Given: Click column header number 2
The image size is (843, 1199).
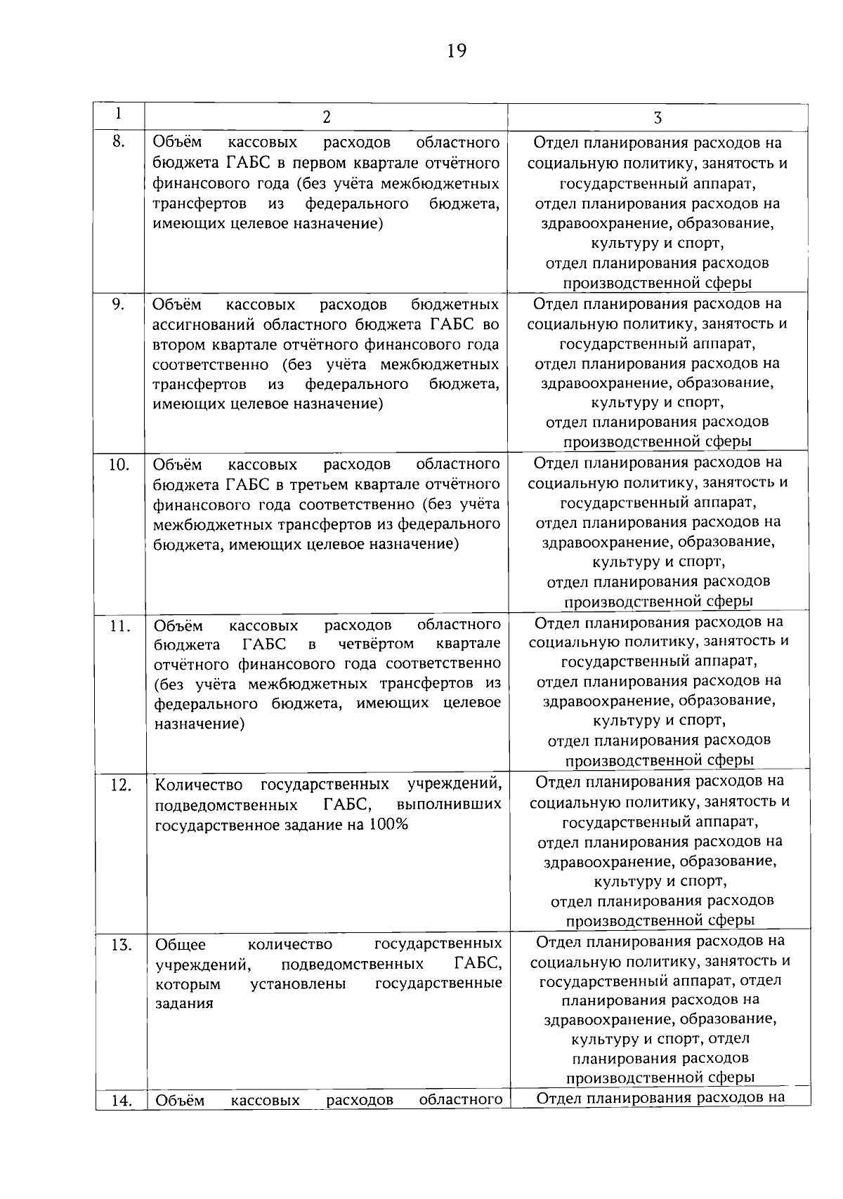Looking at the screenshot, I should pyautogui.click(x=326, y=117).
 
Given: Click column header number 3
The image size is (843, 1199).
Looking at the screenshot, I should pyautogui.click(x=658, y=117).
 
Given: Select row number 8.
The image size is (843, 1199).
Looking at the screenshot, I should pyautogui.click(x=119, y=142).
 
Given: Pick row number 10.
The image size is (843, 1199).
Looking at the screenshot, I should pyautogui.click(x=119, y=465).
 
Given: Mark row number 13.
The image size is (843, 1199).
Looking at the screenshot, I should pyautogui.click(x=121, y=946).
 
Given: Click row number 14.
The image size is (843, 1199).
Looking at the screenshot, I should pyautogui.click(x=122, y=1101).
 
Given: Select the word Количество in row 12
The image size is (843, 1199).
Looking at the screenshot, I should pyautogui.click(x=198, y=784).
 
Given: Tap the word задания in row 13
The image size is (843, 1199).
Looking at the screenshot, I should pyautogui.click(x=183, y=1004).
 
